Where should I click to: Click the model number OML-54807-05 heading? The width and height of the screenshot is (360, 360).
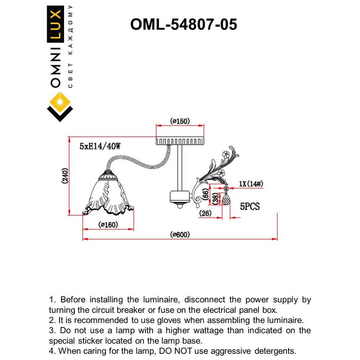click(x=184, y=24)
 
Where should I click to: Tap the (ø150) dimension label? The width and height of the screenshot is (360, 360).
click(x=179, y=121)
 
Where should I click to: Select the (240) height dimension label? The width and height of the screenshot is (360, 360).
click(x=65, y=176)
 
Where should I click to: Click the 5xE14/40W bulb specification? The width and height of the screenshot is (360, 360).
click(x=100, y=146)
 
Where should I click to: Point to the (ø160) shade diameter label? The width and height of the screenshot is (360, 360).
click(x=108, y=225)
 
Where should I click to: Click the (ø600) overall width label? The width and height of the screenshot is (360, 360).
click(x=180, y=235)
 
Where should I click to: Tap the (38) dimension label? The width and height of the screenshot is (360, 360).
click(x=215, y=199)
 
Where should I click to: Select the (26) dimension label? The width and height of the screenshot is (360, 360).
click(x=206, y=213)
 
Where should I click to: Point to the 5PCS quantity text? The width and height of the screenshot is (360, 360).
click(x=250, y=207)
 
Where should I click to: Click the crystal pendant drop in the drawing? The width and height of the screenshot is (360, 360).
click(x=226, y=199)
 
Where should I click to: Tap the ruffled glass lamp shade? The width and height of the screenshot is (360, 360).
click(x=108, y=196)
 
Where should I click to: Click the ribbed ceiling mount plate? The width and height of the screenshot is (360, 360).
click(x=179, y=140)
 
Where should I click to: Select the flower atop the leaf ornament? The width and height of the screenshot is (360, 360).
click(x=225, y=154)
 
